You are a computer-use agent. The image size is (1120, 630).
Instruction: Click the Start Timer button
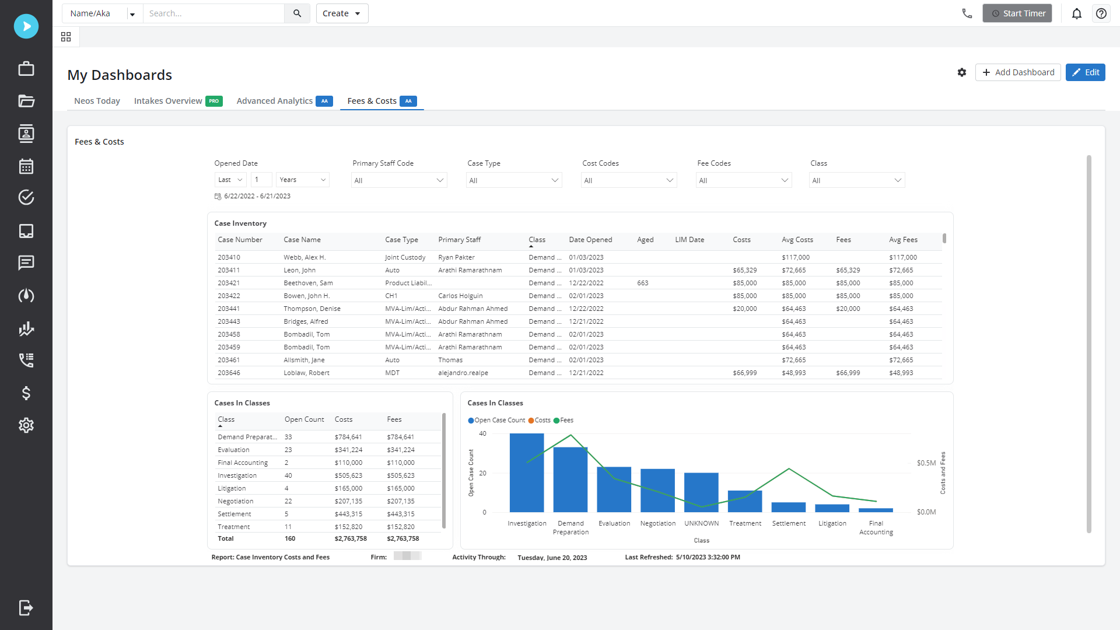[1017, 13]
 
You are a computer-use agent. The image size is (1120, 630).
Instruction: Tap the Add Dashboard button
[1018, 72]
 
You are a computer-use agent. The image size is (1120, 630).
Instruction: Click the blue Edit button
[1085, 72]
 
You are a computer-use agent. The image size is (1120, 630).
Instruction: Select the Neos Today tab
[97, 101]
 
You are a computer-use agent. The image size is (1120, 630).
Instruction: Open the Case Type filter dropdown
[514, 180]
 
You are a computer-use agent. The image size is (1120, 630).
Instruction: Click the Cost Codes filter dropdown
[629, 180]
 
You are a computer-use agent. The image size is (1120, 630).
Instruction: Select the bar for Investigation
[527, 473]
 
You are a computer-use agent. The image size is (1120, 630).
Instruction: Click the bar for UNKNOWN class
[701, 492]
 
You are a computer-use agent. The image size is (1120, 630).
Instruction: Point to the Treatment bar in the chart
[745, 502]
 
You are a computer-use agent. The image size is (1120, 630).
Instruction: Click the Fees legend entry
[563, 420]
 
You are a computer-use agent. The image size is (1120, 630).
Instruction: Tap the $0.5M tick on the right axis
[926, 463]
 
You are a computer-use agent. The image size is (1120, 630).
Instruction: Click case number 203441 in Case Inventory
[229, 309]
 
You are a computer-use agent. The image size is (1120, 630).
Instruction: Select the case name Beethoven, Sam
[308, 283]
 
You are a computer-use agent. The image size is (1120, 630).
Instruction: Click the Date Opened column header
[590, 240]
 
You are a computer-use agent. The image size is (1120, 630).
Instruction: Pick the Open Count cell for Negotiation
[288, 501]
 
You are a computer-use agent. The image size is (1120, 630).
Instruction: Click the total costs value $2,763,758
[351, 538]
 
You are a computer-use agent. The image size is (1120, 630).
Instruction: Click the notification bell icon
[1077, 13]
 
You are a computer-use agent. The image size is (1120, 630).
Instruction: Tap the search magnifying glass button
[297, 13]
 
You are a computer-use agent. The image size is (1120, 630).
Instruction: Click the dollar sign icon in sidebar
[26, 393]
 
